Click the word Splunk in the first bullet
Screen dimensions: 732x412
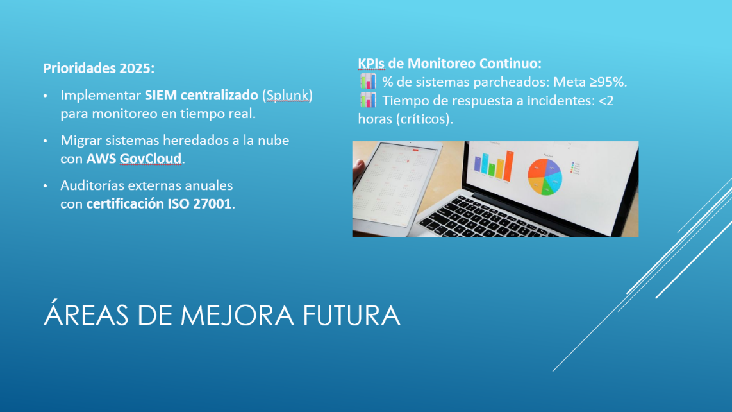click(x=287, y=96)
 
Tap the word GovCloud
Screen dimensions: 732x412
click(x=151, y=159)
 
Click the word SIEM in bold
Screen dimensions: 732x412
click(x=161, y=96)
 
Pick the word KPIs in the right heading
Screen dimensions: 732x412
click(x=371, y=64)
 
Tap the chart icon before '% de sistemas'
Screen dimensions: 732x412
click(x=368, y=82)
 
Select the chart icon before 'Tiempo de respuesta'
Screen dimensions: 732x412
click(x=368, y=100)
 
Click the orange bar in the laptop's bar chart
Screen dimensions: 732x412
click(x=500, y=169)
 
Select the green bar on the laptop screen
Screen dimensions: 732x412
click(x=492, y=169)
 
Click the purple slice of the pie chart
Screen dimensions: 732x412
click(x=553, y=167)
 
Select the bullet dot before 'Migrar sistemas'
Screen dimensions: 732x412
click(x=46, y=141)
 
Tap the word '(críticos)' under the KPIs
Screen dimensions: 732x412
click(x=424, y=119)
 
